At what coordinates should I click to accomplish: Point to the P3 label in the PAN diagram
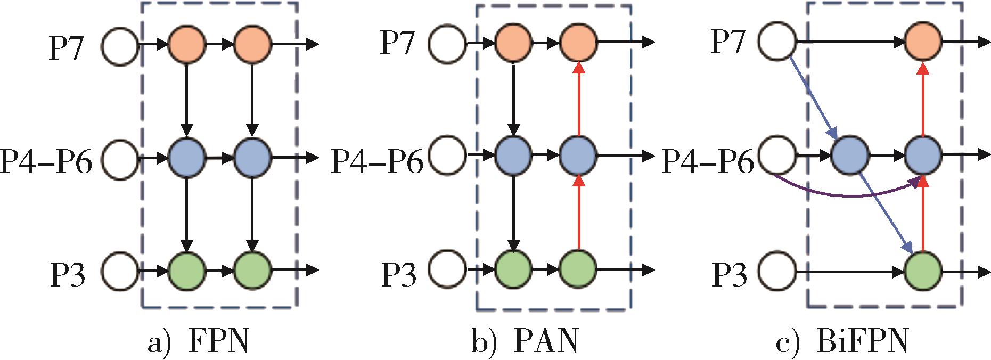point(398,273)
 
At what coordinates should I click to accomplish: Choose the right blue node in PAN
point(578,156)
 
